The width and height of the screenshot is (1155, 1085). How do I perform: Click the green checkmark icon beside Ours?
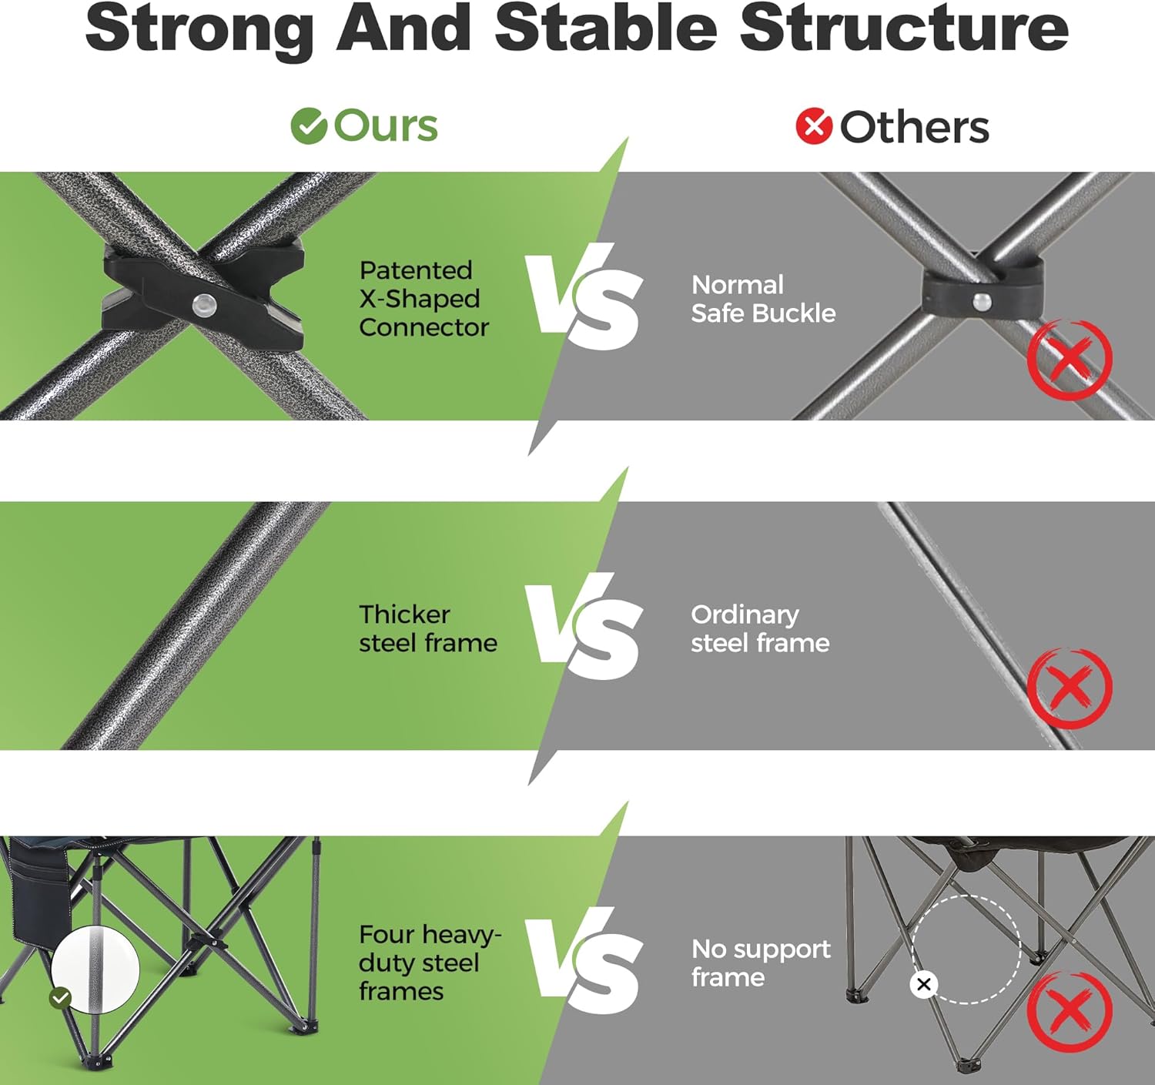pyautogui.click(x=309, y=126)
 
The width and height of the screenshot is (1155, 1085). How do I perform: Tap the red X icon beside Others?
pyautogui.click(x=814, y=126)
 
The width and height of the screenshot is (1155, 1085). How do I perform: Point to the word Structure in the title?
pyautogui.click(x=904, y=28)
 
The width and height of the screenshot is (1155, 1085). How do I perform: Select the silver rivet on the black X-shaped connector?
pyautogui.click(x=204, y=303)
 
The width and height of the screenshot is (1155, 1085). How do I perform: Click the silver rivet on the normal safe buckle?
pyautogui.click(x=983, y=301)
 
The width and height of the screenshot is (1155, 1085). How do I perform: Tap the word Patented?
pyautogui.click(x=416, y=270)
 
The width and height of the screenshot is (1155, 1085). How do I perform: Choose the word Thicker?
pyautogui.click(x=405, y=614)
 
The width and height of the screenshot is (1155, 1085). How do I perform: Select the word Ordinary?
pyautogui.click(x=745, y=616)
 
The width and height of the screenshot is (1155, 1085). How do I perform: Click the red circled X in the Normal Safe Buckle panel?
pyautogui.click(x=1070, y=359)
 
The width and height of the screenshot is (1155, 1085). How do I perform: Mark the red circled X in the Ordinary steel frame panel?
pyautogui.click(x=1070, y=688)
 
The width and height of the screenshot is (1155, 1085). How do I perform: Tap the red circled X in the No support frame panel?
pyautogui.click(x=1070, y=1011)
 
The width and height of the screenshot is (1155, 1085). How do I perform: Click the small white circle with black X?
pyautogui.click(x=923, y=984)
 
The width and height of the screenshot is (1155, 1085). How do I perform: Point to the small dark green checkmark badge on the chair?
pyautogui.click(x=61, y=998)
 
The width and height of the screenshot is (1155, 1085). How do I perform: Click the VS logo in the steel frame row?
pyautogui.click(x=584, y=627)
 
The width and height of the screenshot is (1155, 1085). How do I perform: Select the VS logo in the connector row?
pyautogui.click(x=584, y=297)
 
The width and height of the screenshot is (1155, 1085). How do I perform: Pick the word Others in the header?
pyautogui.click(x=914, y=127)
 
